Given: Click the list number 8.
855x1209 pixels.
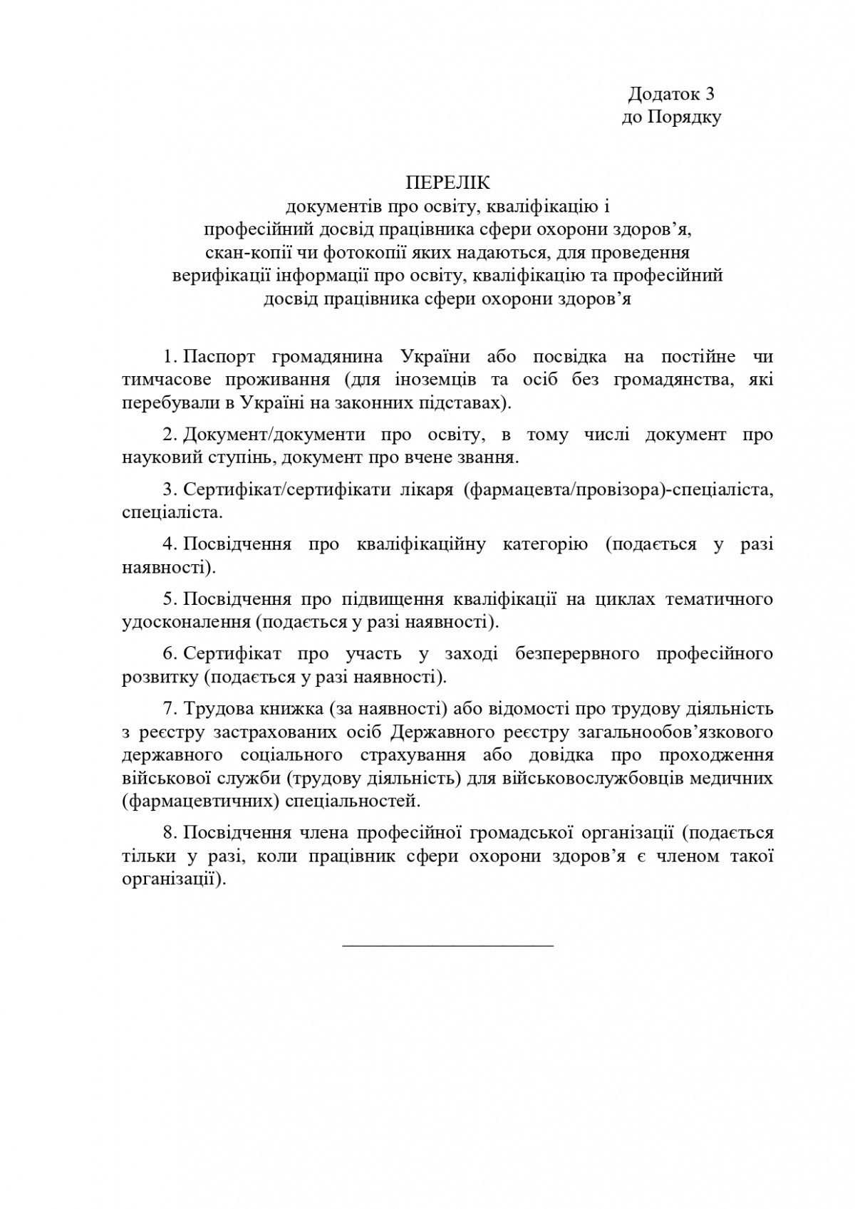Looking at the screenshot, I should click(x=168, y=833).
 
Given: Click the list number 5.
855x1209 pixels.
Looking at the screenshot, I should click(x=168, y=599).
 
